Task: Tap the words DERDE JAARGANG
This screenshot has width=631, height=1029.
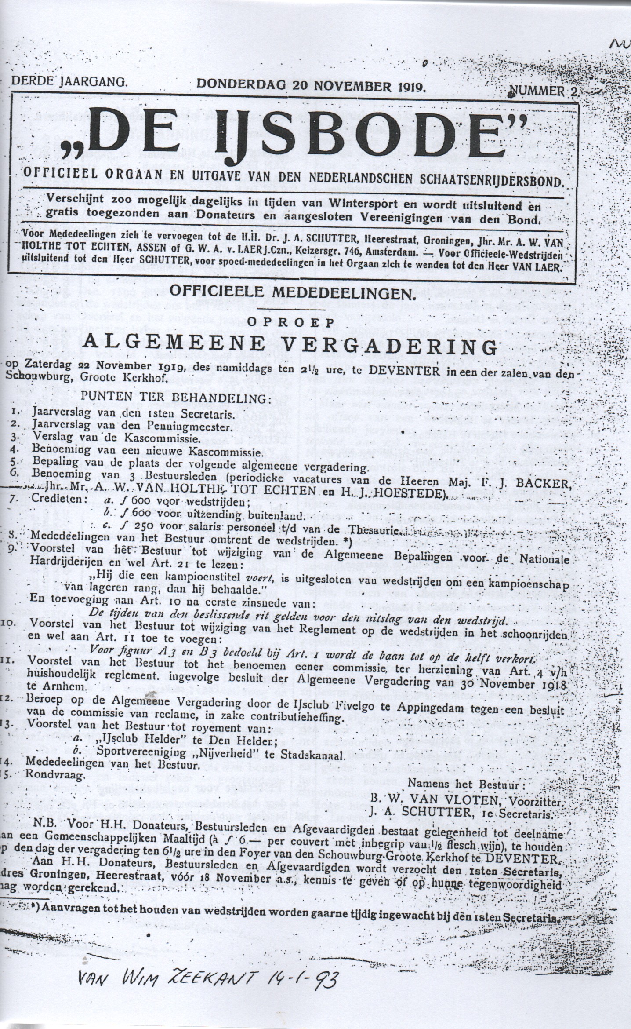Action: coord(69,81)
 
